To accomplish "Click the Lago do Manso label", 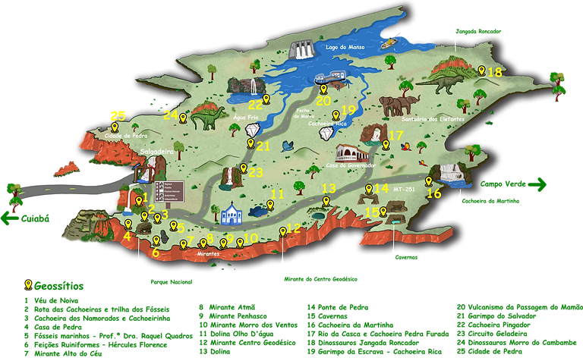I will pyautogui.click(x=345, y=47).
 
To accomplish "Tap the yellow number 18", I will pyautogui.click(x=494, y=73).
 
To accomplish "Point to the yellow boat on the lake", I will pyautogui.click(x=389, y=42).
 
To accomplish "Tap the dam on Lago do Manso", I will pyautogui.click(x=304, y=50).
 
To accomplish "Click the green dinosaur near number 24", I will pyautogui.click(x=207, y=118).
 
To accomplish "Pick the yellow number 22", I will pyautogui.click(x=255, y=105).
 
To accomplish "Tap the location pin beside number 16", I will pyautogui.click(x=429, y=181).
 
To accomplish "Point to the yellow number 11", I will pyautogui.click(x=277, y=194).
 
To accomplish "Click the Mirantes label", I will pyautogui.click(x=206, y=254).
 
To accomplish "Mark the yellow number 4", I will pyautogui.click(x=127, y=236).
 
